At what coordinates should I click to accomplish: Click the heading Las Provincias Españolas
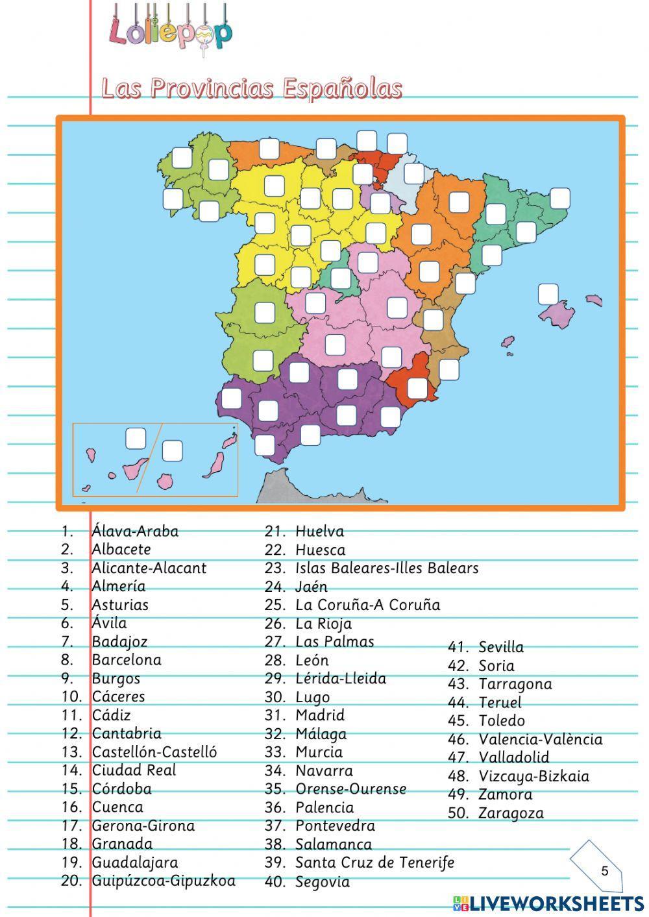click(x=252, y=88)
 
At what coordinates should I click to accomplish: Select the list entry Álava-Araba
click(x=135, y=531)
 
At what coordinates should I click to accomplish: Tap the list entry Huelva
click(x=319, y=531)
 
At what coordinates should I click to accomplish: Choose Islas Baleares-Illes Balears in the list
click(x=387, y=568)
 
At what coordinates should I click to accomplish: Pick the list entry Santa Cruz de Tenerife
click(x=374, y=862)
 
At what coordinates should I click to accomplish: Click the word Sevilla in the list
click(x=501, y=647)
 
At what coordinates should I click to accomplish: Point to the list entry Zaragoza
click(x=511, y=813)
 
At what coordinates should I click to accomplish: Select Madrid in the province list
click(x=320, y=715)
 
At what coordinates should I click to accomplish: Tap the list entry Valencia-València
click(x=541, y=739)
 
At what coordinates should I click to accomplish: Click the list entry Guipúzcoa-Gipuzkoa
click(x=164, y=881)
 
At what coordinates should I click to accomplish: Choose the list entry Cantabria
click(x=127, y=733)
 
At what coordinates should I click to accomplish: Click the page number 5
click(x=605, y=871)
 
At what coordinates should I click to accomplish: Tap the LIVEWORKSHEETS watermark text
click(x=557, y=903)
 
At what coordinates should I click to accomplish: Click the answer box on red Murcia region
click(x=417, y=389)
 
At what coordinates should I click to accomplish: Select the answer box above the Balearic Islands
click(x=548, y=294)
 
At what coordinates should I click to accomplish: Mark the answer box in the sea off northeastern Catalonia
click(x=559, y=198)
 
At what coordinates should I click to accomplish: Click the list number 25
click(x=275, y=605)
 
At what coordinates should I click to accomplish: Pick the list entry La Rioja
click(x=323, y=624)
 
